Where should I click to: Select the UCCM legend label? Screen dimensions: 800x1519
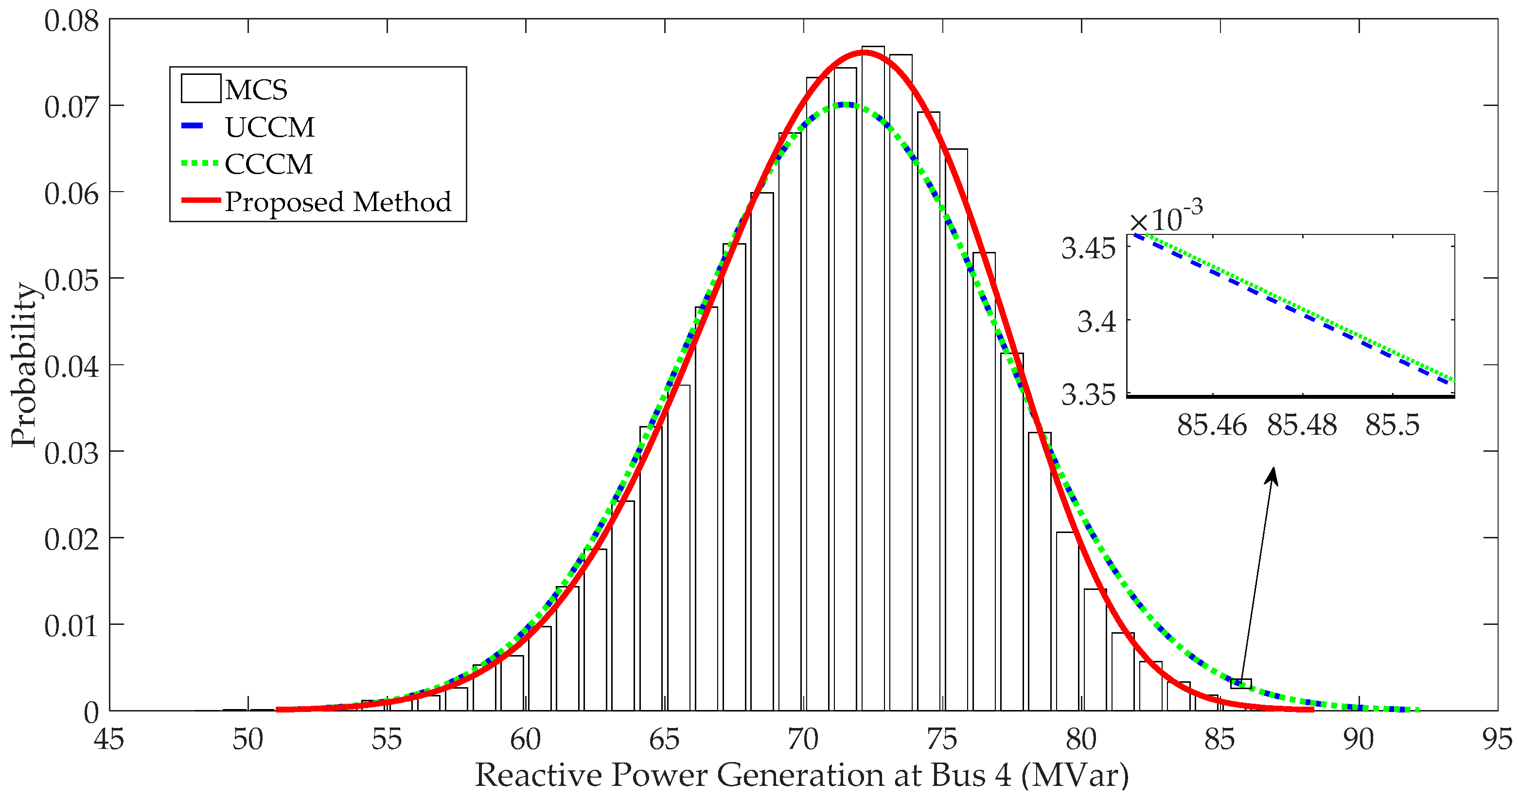coord(269,127)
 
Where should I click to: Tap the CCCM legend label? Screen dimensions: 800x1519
coord(268,164)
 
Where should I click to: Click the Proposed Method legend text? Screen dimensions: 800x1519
coord(337,202)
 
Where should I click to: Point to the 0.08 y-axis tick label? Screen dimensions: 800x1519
coord(71,21)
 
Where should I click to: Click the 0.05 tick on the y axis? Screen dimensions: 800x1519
coord(71,280)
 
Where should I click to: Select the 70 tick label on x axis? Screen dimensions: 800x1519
coord(803,739)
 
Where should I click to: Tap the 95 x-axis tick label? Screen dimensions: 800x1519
coord(1497,739)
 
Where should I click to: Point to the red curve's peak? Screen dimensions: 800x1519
coord(865,53)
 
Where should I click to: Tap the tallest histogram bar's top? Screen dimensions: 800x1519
coord(873,47)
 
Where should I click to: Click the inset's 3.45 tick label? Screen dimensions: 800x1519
coord(1088,248)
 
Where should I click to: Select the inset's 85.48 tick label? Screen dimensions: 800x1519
coord(1302,425)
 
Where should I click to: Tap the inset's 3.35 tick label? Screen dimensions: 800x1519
coord(1088,394)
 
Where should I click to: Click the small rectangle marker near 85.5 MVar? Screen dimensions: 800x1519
coord(1241,684)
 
